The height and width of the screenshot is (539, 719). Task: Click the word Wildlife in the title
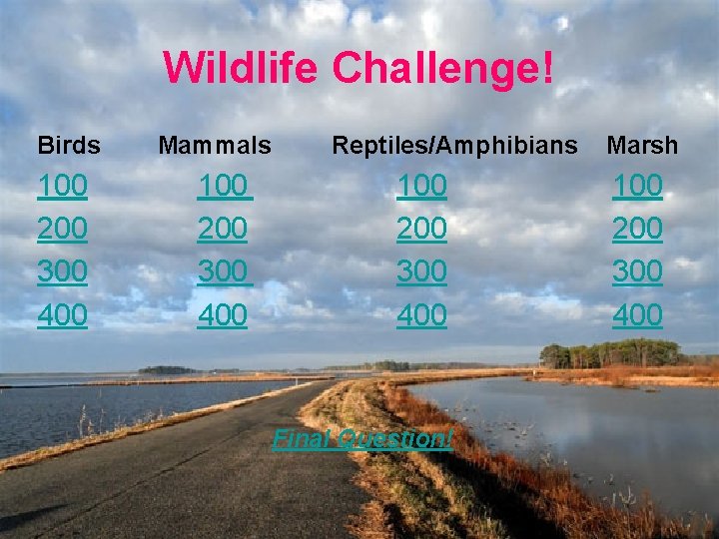click(242, 68)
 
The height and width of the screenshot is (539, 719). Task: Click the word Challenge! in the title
click(442, 68)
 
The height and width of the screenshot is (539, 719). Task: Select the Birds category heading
click(69, 146)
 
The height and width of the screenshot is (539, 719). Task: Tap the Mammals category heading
click(215, 146)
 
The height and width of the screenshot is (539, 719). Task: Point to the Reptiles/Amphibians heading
click(454, 146)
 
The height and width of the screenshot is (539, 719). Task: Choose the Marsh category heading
click(642, 146)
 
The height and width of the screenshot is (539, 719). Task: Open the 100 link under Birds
click(62, 186)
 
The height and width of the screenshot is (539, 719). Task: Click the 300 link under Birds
click(62, 271)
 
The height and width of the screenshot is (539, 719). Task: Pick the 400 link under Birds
click(62, 315)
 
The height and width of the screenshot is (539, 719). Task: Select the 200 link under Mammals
click(223, 229)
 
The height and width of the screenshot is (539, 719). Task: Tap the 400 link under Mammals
click(223, 315)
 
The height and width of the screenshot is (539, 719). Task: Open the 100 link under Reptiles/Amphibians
click(421, 186)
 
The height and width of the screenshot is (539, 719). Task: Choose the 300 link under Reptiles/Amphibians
click(421, 271)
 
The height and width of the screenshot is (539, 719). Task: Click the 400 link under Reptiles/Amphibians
click(421, 315)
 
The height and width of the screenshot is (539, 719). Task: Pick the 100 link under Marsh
click(637, 186)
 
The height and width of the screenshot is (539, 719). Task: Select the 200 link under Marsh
click(637, 229)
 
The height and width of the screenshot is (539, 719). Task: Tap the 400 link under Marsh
click(637, 315)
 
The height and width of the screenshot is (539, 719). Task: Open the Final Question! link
click(363, 437)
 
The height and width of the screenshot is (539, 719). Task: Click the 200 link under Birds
click(62, 229)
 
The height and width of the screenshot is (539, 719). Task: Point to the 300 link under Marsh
click(637, 271)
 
